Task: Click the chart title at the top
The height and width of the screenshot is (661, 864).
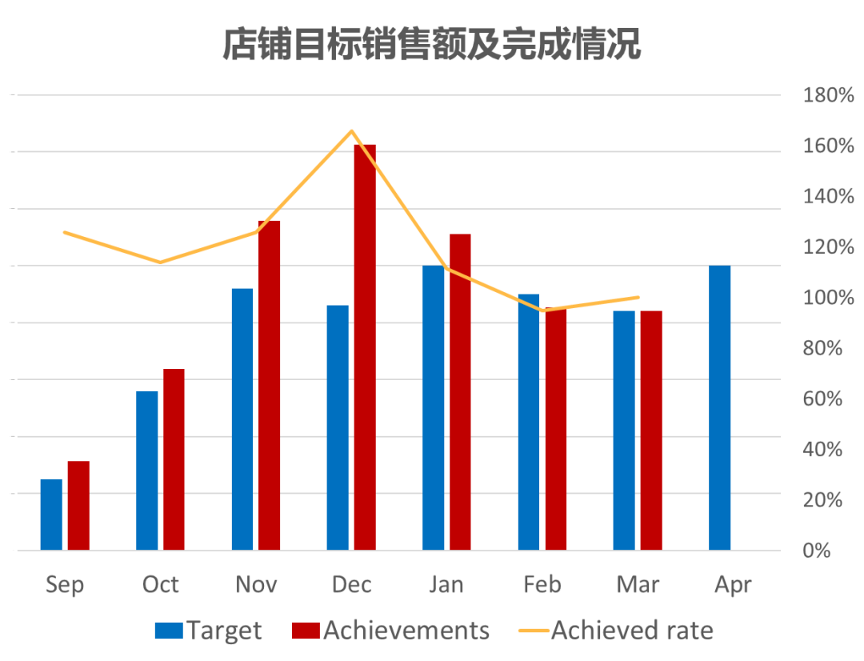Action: pos(431,45)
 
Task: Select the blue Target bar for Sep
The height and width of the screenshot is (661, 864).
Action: pos(51,514)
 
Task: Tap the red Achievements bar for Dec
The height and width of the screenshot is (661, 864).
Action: pos(365,347)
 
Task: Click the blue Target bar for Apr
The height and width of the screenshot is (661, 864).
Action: pos(719,407)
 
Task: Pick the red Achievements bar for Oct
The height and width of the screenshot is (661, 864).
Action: pos(174,459)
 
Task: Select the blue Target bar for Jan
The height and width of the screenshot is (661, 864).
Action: pos(434,407)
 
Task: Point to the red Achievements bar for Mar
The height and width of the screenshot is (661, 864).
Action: pos(651,430)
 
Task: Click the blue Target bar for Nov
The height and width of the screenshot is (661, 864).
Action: pos(242,419)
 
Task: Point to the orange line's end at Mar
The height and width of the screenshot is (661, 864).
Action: pos(638,298)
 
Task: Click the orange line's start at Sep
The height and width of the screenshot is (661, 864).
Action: pos(65,233)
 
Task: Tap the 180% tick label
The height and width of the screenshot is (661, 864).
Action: pos(829,95)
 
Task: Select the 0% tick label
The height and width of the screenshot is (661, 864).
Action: pos(817,551)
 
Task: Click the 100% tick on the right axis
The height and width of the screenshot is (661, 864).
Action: pos(829,298)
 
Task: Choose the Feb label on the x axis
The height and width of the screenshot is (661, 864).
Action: pos(542,585)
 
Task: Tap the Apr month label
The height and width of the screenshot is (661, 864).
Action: pos(733,585)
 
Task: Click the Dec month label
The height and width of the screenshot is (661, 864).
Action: pos(352,585)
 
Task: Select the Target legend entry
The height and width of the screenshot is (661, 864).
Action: pos(209,631)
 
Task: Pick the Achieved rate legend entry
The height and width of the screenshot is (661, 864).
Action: pos(620,631)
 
